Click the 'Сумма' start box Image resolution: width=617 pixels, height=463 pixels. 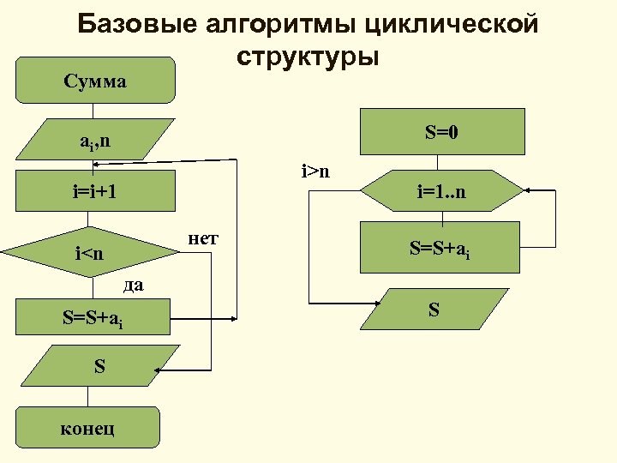[94, 82]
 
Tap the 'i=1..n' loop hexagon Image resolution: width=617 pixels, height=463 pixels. [440, 191]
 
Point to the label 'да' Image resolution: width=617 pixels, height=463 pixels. [133, 285]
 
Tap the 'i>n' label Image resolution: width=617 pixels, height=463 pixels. [315, 171]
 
